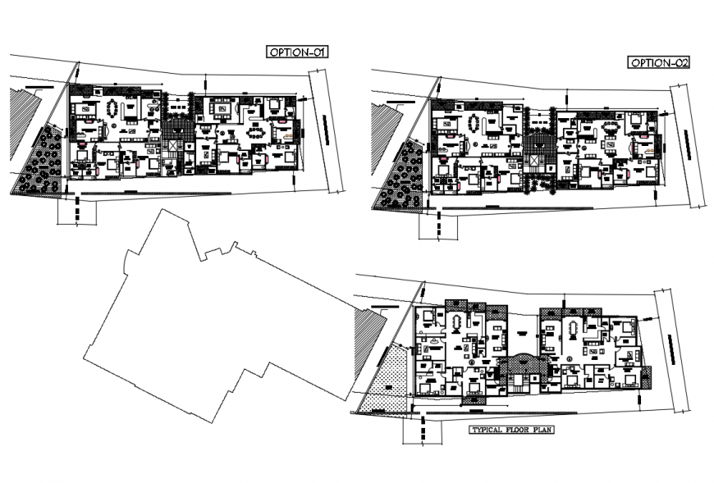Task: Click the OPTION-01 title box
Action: [297, 52]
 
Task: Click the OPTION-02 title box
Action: [657, 63]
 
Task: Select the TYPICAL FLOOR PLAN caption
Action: [504, 429]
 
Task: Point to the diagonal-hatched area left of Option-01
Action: [23, 123]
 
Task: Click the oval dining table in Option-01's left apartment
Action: [112, 109]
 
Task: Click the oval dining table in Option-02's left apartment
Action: [474, 123]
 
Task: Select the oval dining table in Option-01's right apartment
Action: [257, 130]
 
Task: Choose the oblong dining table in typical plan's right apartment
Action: [573, 327]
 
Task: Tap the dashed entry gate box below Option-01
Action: [77, 211]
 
